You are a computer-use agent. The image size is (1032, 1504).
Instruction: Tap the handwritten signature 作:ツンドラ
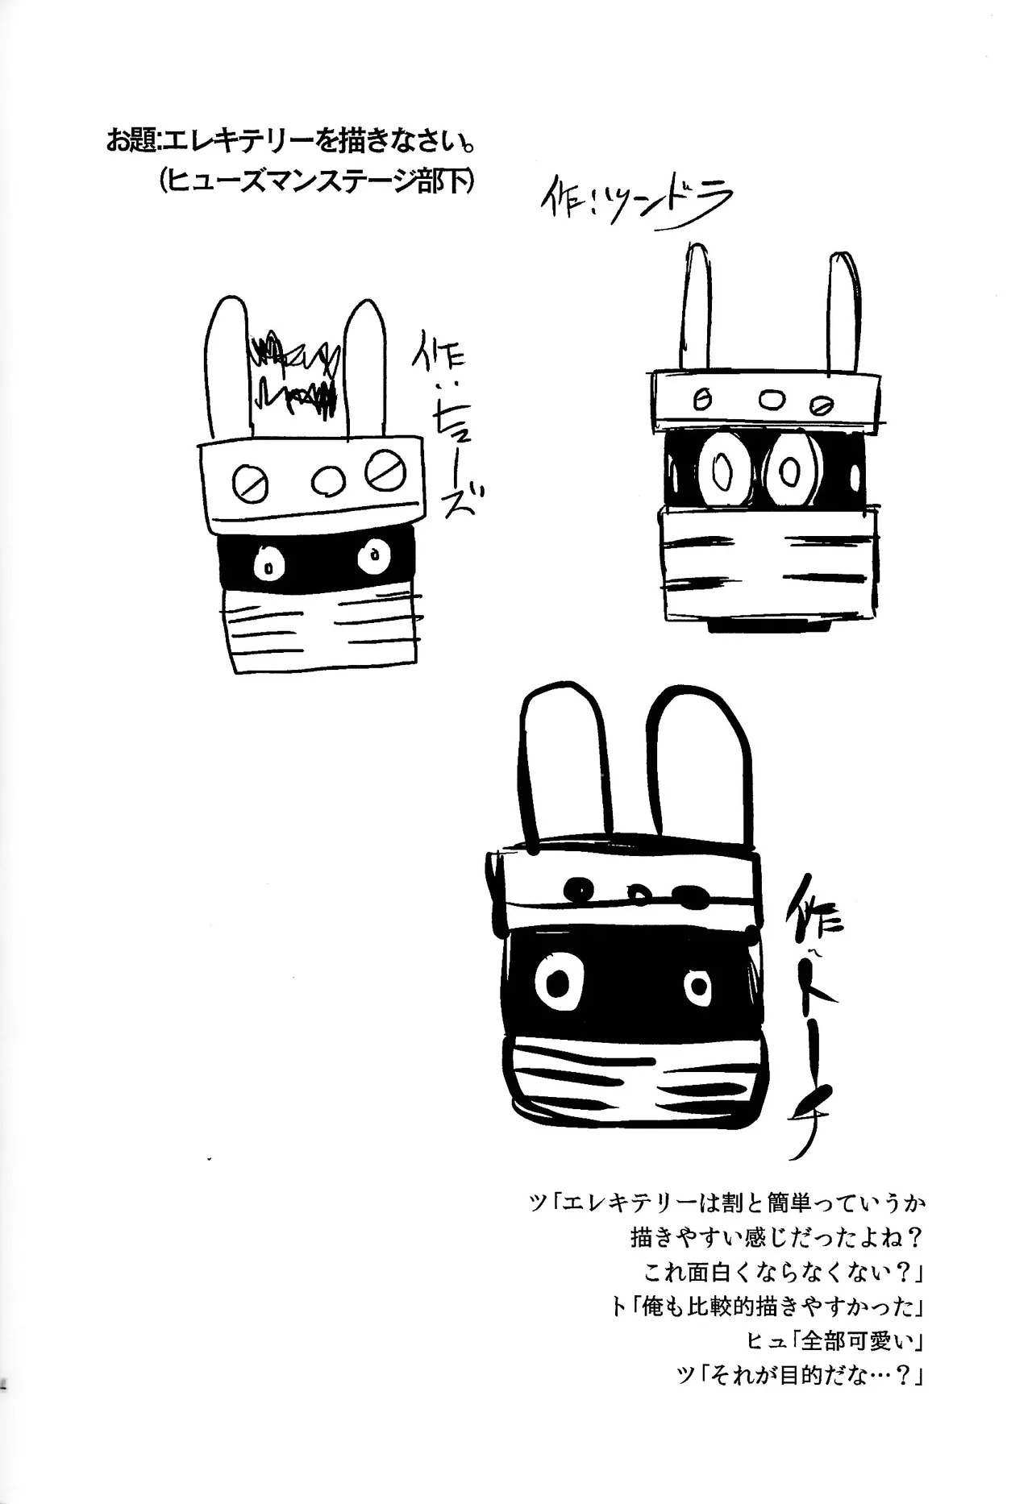click(637, 206)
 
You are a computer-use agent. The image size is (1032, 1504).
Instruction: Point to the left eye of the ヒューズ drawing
click(266, 565)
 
